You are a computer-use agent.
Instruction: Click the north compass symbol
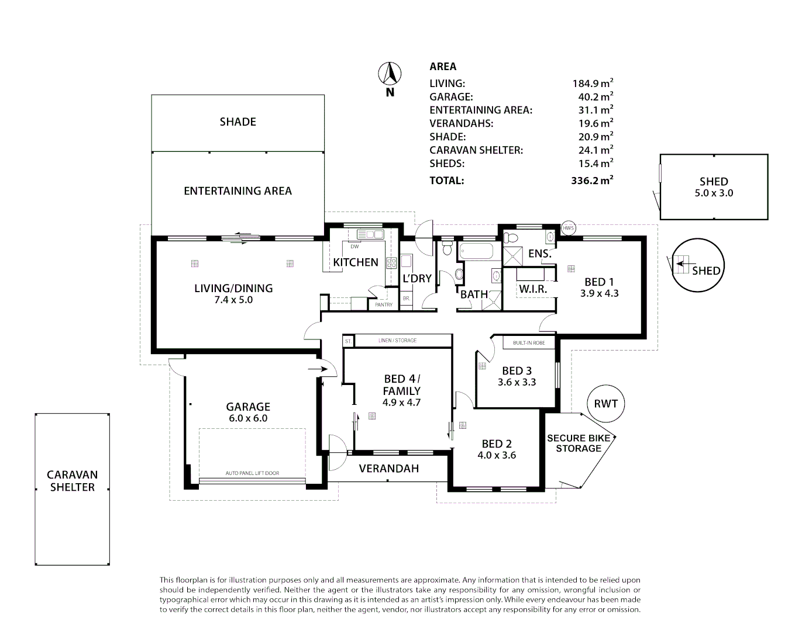(x=390, y=74)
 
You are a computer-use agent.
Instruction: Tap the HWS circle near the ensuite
(x=569, y=228)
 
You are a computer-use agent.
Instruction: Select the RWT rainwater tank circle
(x=605, y=404)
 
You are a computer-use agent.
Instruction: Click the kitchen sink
(x=370, y=234)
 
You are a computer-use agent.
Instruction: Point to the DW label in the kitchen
(x=354, y=247)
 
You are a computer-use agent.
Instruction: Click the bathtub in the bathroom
(x=476, y=251)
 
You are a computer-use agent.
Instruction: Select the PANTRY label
(x=384, y=304)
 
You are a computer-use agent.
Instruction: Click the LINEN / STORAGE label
(x=397, y=340)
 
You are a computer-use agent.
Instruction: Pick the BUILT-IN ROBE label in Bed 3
(x=529, y=343)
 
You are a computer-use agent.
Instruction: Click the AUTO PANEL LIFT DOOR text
(x=252, y=473)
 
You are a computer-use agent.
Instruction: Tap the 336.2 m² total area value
(x=592, y=180)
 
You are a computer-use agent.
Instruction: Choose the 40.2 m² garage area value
(x=596, y=96)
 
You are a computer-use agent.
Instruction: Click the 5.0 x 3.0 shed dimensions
(x=714, y=193)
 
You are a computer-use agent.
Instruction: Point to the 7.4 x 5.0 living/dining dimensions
(x=233, y=300)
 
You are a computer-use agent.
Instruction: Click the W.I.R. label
(x=533, y=289)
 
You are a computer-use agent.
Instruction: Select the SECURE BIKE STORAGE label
(x=579, y=443)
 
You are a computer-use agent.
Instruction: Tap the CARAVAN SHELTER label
(x=73, y=481)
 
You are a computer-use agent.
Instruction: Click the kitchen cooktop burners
(x=391, y=263)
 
